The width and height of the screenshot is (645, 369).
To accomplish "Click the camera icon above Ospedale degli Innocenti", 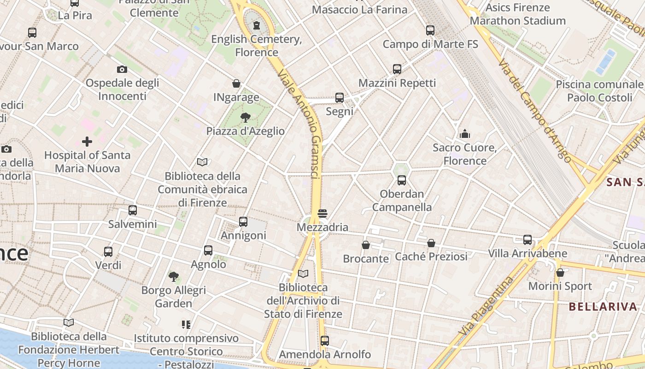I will coord(122,70).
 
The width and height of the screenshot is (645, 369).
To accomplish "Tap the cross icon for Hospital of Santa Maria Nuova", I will coord(87,141).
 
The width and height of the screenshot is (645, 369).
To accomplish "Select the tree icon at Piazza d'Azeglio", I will coord(245,118).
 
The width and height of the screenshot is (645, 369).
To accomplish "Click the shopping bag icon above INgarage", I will coord(236,83).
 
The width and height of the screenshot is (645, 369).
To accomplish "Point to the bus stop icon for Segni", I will coord(340,98).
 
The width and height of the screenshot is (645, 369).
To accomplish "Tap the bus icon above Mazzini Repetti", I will coord(397,69).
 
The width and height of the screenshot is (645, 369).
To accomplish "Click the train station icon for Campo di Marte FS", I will coord(430,30).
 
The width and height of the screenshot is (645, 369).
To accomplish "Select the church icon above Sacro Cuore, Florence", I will coord(465,134).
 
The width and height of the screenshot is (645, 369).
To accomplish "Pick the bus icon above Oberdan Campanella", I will coord(402,180).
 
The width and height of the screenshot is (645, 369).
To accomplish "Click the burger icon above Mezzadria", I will coord(322,214).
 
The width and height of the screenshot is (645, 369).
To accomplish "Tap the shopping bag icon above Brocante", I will coord(366,245).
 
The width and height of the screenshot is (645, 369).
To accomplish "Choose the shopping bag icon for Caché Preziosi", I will coord(431,243).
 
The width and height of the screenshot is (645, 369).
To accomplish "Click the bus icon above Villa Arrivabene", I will coord(528,240).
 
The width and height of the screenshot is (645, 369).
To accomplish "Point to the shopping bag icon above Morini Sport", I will coord(560,273).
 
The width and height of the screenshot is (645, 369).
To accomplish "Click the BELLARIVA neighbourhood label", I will coord(603,307).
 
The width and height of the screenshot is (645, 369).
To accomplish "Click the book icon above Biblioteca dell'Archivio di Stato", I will coord(303,274).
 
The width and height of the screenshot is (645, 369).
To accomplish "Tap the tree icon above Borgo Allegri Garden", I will coord(174,277).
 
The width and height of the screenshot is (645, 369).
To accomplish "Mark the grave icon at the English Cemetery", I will coord(257,25).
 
